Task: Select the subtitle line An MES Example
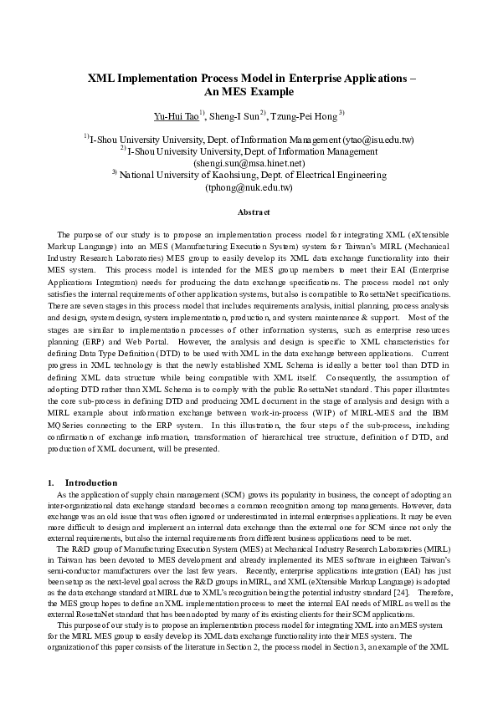pos(249,92)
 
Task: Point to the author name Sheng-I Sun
pos(234,115)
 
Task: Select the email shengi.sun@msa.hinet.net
pos(249,164)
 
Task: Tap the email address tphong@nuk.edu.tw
pos(249,188)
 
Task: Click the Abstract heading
pos(249,213)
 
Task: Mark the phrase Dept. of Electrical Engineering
pos(323,176)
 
